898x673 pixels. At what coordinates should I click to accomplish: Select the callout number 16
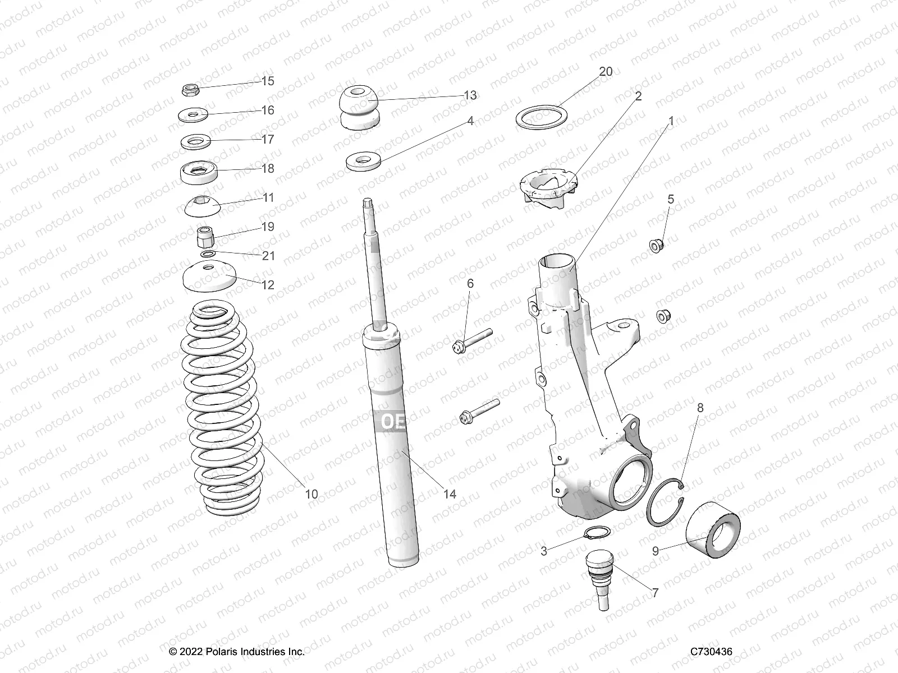(268, 110)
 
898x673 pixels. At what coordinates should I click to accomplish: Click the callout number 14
(449, 494)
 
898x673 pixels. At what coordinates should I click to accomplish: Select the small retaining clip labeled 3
(597, 533)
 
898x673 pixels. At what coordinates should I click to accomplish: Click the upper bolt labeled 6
(471, 341)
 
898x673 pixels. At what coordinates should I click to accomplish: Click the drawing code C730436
(712, 652)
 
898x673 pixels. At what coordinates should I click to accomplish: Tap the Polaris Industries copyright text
(237, 652)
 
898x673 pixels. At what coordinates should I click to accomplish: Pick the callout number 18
(268, 168)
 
